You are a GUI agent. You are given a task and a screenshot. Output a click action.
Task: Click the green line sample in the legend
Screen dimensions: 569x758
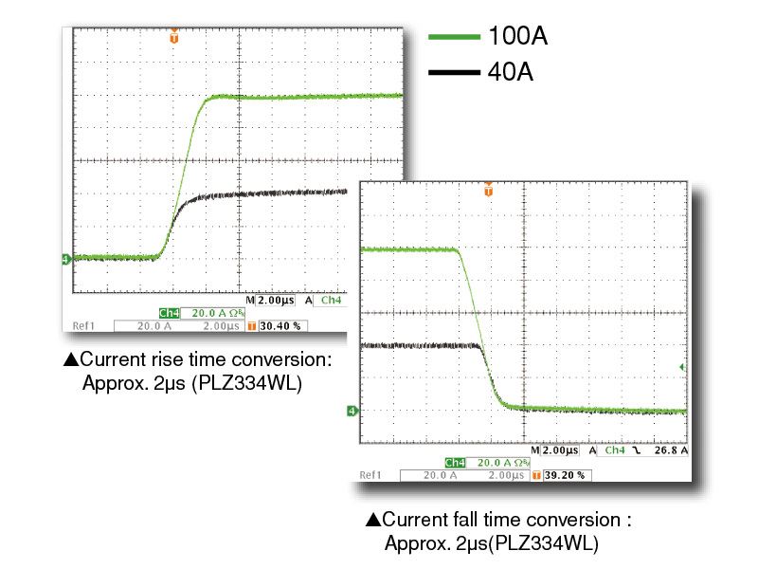pyautogui.click(x=456, y=37)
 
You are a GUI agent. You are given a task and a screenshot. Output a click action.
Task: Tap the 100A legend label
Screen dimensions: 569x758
pyautogui.click(x=517, y=37)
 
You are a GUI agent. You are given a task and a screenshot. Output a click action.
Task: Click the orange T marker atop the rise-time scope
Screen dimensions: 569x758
pyautogui.click(x=173, y=37)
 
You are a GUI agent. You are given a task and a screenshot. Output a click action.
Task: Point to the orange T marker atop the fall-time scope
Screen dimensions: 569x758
pyautogui.click(x=488, y=189)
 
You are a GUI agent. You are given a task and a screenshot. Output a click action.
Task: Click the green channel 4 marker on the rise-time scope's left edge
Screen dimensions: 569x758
pyautogui.click(x=66, y=258)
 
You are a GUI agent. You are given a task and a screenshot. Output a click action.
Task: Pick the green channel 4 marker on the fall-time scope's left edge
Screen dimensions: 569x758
pyautogui.click(x=352, y=411)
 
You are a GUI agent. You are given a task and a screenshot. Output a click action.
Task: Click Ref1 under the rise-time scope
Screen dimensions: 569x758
pyautogui.click(x=83, y=325)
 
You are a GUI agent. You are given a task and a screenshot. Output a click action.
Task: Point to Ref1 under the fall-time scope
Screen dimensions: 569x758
pyautogui.click(x=370, y=474)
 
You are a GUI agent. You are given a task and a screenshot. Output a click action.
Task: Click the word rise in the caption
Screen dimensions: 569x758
pyautogui.click(x=155, y=360)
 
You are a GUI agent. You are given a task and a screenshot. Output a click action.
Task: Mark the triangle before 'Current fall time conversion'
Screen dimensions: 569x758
pyautogui.click(x=372, y=520)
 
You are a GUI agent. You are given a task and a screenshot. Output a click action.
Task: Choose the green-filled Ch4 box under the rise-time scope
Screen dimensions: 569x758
pyautogui.click(x=170, y=312)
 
